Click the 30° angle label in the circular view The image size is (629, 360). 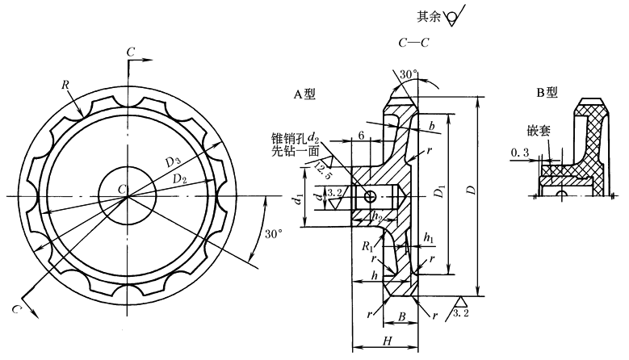274,234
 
